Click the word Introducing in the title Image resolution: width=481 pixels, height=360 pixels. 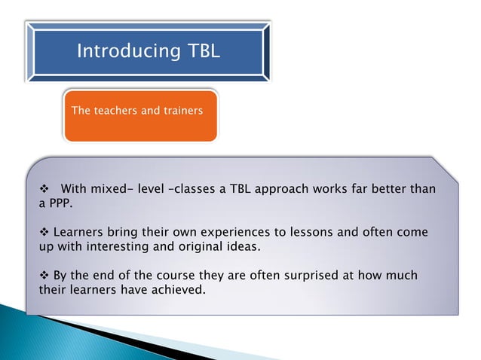[x=118, y=51]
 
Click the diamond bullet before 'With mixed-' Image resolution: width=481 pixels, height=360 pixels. [x=43, y=188]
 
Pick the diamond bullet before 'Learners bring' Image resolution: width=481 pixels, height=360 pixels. [x=43, y=232]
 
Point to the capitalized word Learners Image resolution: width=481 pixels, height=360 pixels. [x=78, y=232]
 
